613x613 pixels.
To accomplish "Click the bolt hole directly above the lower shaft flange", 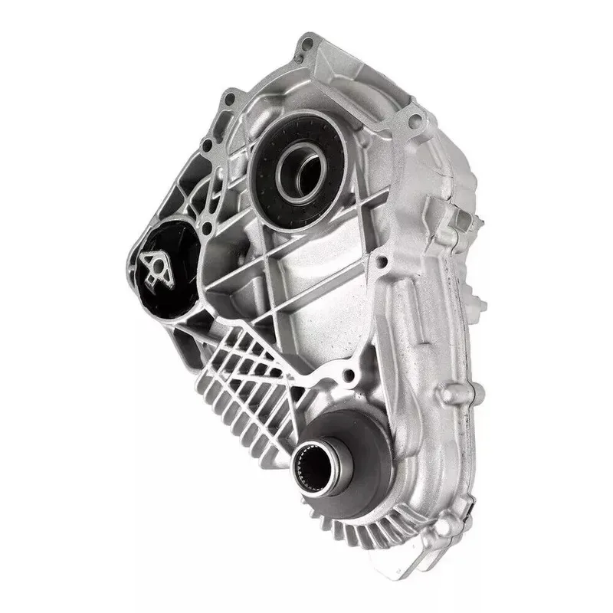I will [x=349, y=375].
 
